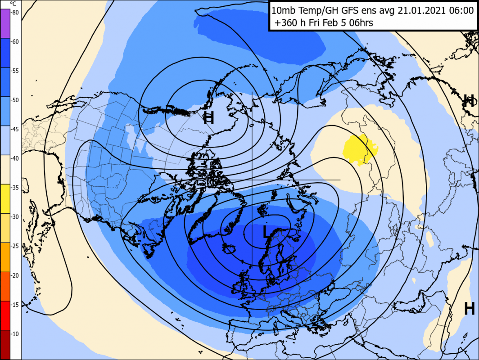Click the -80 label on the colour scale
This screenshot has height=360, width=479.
[x=15, y=13]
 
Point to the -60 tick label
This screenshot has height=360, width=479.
[x=15, y=42]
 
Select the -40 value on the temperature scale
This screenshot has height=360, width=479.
[x=15, y=158]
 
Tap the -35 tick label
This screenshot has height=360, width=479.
[x=15, y=188]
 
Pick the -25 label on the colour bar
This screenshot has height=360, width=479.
[x=15, y=246]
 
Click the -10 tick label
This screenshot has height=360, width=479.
[x=15, y=334]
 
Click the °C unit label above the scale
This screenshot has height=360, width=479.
[x=13, y=3]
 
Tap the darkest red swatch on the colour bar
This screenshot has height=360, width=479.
[x=5, y=345]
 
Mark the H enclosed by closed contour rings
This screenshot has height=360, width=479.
[x=208, y=118]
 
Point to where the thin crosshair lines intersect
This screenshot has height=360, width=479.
[x=252, y=180]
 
